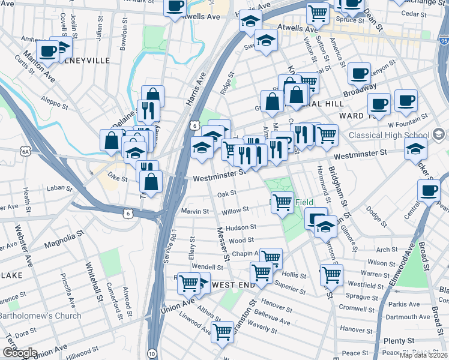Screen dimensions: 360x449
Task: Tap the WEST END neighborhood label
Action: pyautogui.click(x=234, y=284)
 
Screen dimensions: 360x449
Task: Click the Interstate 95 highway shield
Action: pyautogui.click(x=444, y=41)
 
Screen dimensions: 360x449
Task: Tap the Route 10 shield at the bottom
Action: pyautogui.click(x=152, y=354)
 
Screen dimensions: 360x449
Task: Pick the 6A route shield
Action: pyautogui.click(x=25, y=152)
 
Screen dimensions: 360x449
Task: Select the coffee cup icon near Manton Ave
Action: pyautogui.click(x=47, y=51)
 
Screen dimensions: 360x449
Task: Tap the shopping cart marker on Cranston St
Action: pyautogui.click(x=223, y=331)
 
